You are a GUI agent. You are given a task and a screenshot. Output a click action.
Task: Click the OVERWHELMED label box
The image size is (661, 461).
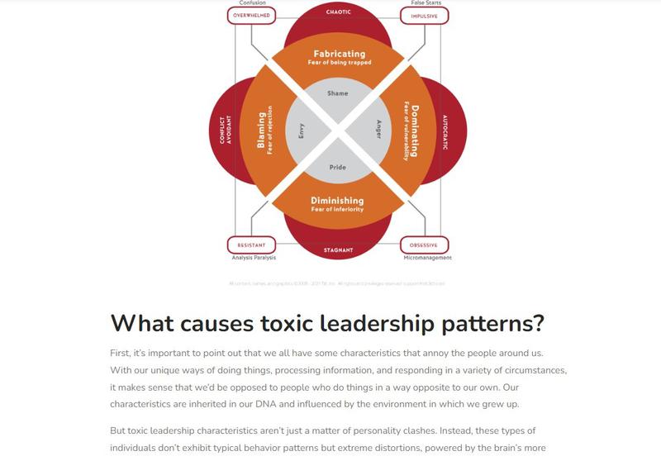[x=252, y=15]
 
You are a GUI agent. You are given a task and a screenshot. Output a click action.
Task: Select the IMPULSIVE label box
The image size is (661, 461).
[x=424, y=15]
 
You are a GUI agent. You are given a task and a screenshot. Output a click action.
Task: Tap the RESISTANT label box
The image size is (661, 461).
[x=251, y=245]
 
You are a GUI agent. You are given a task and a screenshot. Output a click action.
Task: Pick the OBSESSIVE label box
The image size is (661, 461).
[x=424, y=245]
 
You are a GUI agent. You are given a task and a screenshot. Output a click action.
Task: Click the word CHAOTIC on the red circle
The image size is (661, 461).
[x=338, y=12]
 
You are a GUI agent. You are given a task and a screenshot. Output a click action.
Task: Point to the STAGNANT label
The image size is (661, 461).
[x=338, y=250]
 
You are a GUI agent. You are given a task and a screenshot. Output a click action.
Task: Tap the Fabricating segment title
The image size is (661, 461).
[x=337, y=54]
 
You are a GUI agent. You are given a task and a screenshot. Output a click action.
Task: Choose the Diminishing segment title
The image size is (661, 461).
[x=337, y=200]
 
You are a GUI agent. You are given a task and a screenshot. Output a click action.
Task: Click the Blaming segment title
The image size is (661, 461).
[x=262, y=131]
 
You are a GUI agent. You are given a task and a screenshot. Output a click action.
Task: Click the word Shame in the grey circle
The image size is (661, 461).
[x=338, y=93]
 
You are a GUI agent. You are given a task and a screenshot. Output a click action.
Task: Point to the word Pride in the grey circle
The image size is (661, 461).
[x=338, y=167]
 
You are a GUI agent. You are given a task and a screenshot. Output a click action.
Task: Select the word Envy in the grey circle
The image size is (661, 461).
[x=301, y=131]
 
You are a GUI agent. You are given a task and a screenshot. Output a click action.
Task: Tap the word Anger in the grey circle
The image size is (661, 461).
[x=378, y=131]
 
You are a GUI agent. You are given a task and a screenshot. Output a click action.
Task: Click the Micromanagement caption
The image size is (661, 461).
[x=427, y=258]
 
